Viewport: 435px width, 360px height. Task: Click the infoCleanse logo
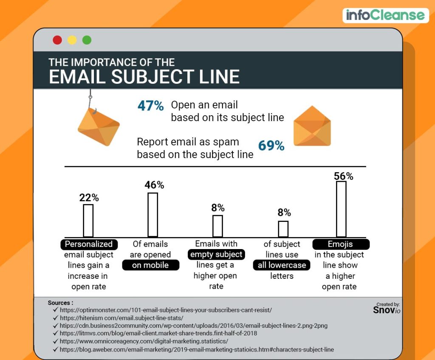pyautogui.click(x=385, y=15)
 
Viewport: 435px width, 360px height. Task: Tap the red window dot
pyautogui.click(x=57, y=40)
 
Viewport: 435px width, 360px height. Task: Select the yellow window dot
pyautogui.click(x=72, y=40)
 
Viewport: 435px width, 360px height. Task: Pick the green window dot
pyautogui.click(x=87, y=40)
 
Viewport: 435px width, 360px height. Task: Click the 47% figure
pyautogui.click(x=150, y=106)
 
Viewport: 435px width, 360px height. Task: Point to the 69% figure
pyautogui.click(x=271, y=146)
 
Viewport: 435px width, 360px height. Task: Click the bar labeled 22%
pyautogui.click(x=88, y=221)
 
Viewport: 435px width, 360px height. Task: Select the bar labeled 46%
pyautogui.click(x=153, y=215)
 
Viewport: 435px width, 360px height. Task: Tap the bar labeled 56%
pyautogui.click(x=341, y=209)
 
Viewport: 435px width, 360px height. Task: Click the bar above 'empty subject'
pyautogui.click(x=217, y=226)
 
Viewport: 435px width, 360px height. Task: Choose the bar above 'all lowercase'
pyautogui.click(x=283, y=229)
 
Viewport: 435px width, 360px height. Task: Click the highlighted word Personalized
pyautogui.click(x=89, y=244)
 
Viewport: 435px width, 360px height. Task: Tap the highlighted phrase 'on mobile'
pyautogui.click(x=151, y=265)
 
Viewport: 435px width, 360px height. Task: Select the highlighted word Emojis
pyautogui.click(x=341, y=244)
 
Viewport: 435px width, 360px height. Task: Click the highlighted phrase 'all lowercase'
pyautogui.click(x=282, y=265)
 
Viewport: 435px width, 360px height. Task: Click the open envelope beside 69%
pyautogui.click(x=312, y=126)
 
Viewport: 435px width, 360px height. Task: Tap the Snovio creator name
pyautogui.click(x=386, y=310)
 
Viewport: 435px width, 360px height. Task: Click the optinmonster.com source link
pyautogui.click(x=166, y=310)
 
